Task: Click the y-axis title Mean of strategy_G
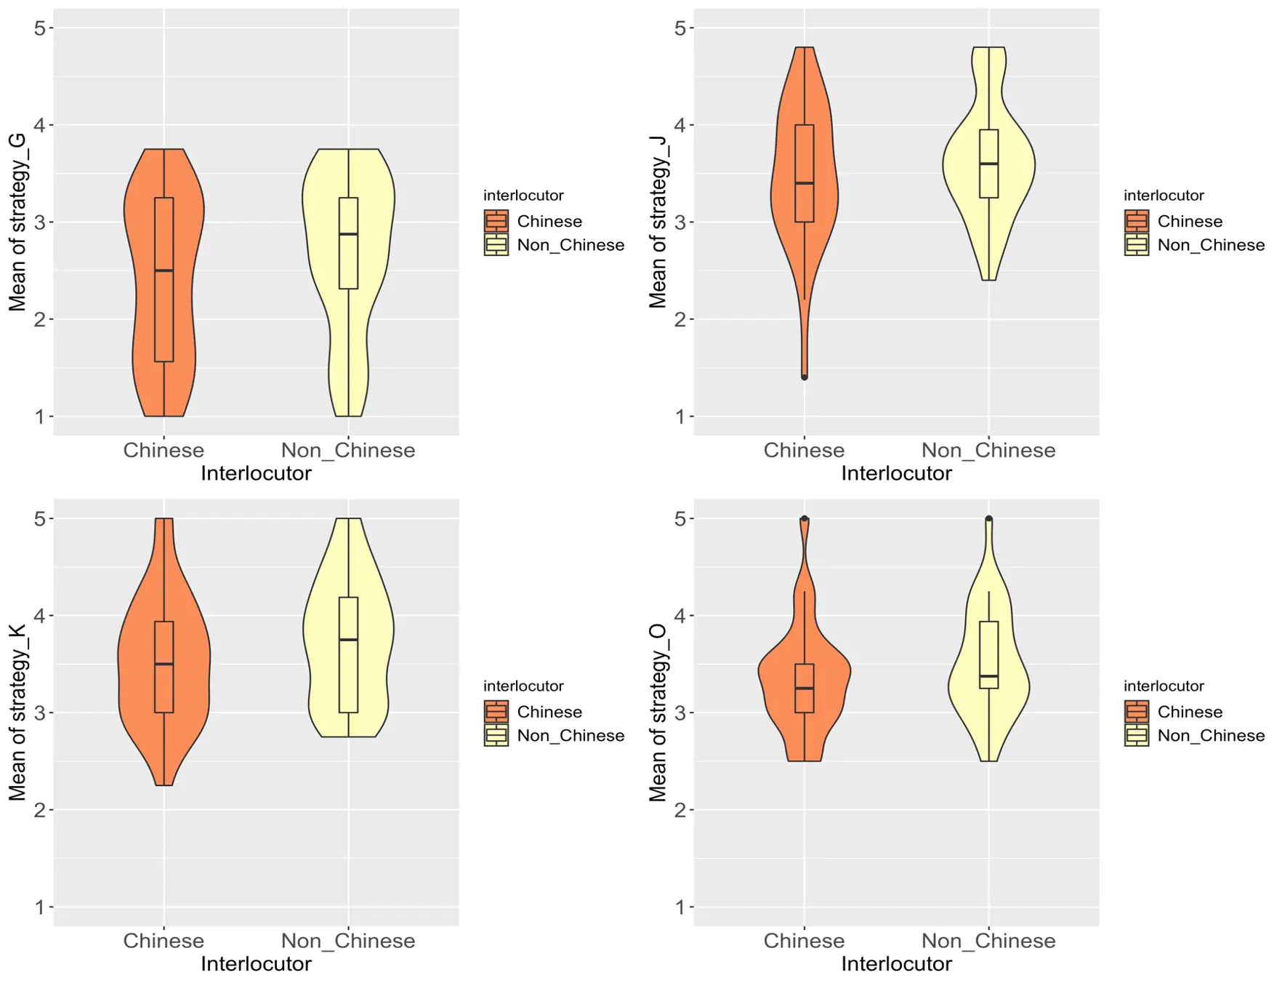click(x=17, y=222)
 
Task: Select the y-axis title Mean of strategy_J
click(x=658, y=222)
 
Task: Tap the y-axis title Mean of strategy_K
click(x=17, y=713)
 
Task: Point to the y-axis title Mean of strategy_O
click(x=658, y=713)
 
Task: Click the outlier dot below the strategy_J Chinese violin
click(x=805, y=377)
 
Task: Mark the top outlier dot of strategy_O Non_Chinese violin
click(x=988, y=518)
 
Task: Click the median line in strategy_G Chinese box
click(x=164, y=270)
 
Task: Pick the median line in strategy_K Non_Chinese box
click(x=349, y=640)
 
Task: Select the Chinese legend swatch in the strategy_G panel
click(x=496, y=221)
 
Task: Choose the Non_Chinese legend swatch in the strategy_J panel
click(x=1137, y=245)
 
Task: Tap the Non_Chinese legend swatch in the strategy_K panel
click(x=496, y=736)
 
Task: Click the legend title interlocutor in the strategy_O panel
click(x=1164, y=686)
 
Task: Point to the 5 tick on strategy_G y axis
click(x=40, y=28)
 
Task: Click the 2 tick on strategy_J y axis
click(x=680, y=319)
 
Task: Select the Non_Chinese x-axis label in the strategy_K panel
click(x=348, y=941)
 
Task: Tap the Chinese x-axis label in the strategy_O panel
click(x=804, y=941)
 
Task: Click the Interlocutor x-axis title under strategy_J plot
click(x=896, y=473)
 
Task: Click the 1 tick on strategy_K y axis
click(x=40, y=907)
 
